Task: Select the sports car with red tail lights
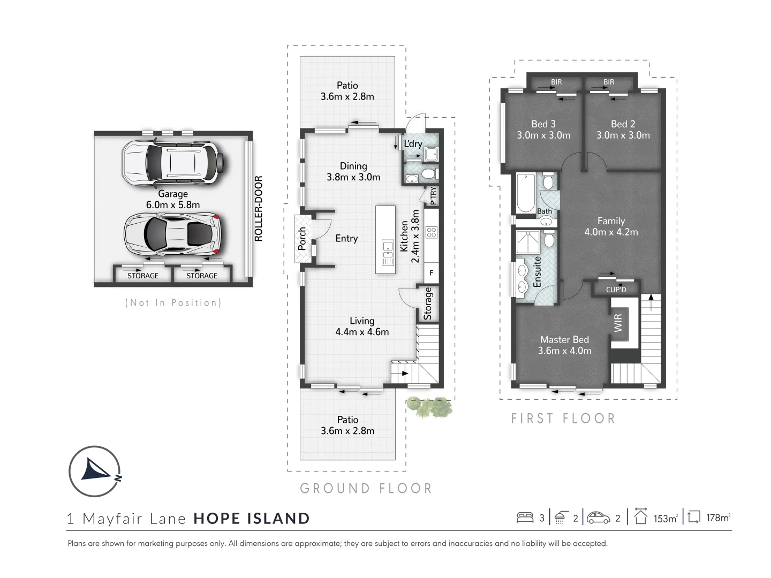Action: [x=172, y=234]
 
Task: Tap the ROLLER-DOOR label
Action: [x=259, y=209]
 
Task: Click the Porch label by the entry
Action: [x=302, y=239]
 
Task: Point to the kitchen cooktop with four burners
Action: [x=432, y=232]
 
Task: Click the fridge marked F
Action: [x=432, y=273]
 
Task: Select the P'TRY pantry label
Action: [x=433, y=196]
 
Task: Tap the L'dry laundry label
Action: [x=413, y=144]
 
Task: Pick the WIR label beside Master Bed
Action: [x=618, y=323]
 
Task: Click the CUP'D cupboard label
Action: [x=616, y=290]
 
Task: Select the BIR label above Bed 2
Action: [x=609, y=82]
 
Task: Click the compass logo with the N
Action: [x=94, y=471]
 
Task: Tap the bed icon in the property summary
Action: [x=525, y=518]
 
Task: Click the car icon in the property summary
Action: [x=599, y=518]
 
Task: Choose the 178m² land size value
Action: [x=717, y=518]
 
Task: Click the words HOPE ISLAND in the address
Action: [x=252, y=518]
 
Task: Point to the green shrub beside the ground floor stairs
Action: [x=430, y=407]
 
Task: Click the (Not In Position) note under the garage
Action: [x=173, y=303]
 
